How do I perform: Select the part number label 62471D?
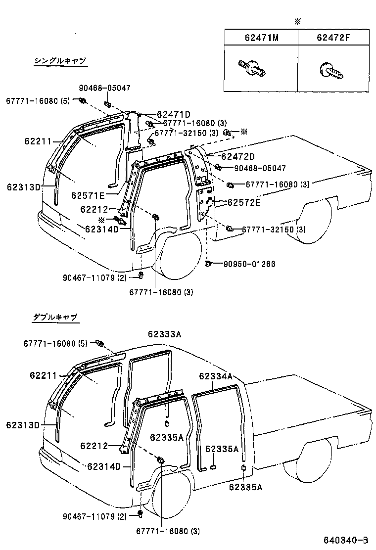pyautogui.click(x=174, y=114)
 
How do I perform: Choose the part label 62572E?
pyautogui.click(x=244, y=202)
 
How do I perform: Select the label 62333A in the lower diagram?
pyautogui.click(x=164, y=334)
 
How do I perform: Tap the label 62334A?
pyautogui.click(x=216, y=376)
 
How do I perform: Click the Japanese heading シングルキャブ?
pyautogui.click(x=60, y=61)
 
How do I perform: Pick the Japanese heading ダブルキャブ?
pyautogui.click(x=55, y=317)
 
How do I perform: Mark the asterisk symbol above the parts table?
pyautogui.click(x=297, y=22)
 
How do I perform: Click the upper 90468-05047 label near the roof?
pyautogui.click(x=104, y=88)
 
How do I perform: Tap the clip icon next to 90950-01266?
pyautogui.click(x=208, y=263)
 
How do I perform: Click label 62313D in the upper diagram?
pyautogui.click(x=24, y=187)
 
